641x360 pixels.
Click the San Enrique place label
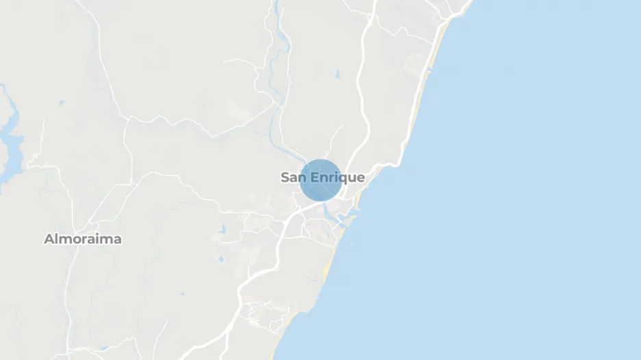323,178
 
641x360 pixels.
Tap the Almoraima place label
83,240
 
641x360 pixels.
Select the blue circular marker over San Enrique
320,180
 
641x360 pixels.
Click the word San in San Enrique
292,178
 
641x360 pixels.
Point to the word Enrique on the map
337,178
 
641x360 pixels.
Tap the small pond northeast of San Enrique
337,75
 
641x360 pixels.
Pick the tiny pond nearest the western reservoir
60,103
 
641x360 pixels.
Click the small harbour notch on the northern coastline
430,69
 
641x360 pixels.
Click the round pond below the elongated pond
220,259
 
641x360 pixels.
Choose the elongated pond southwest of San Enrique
221,231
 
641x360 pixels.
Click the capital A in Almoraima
49,240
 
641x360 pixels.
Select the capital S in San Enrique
285,178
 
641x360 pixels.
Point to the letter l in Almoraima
55,240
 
